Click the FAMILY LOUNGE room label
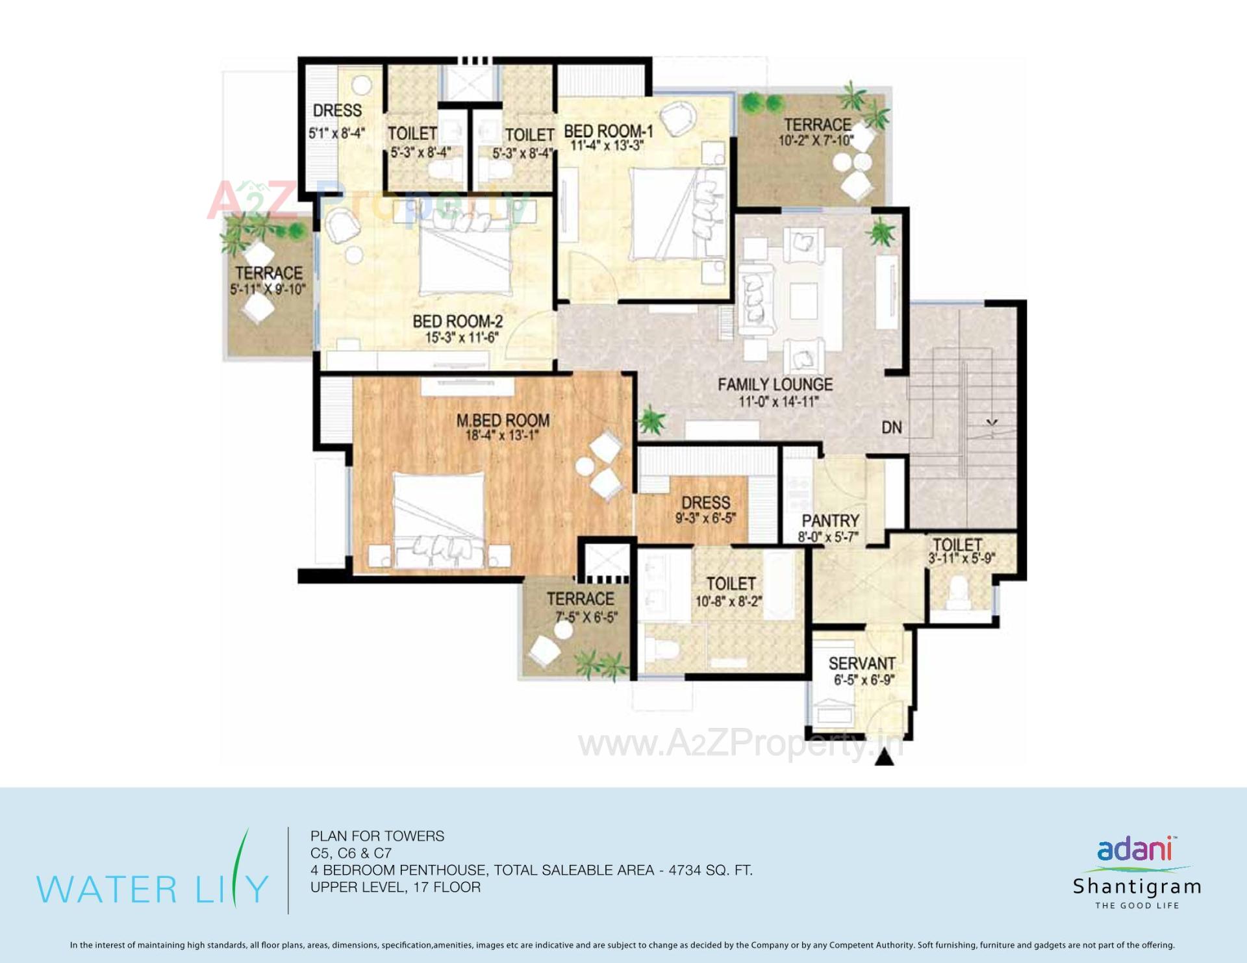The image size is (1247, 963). [x=775, y=384]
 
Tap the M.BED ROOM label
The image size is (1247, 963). [x=503, y=421]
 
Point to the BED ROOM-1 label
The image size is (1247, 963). [x=608, y=131]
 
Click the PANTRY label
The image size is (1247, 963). [x=830, y=521]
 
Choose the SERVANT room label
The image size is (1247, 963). [x=862, y=664]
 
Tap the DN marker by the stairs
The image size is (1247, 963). [x=892, y=427]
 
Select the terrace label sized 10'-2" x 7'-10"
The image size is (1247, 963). [x=817, y=125]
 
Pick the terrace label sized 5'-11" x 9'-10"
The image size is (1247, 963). [x=269, y=273]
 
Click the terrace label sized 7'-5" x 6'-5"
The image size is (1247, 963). [x=580, y=599]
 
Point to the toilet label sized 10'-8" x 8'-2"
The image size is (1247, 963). [x=731, y=584]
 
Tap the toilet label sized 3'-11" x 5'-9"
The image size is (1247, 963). [x=957, y=545]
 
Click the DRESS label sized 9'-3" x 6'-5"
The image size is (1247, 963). [x=705, y=503]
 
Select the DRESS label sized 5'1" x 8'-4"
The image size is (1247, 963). [x=337, y=110]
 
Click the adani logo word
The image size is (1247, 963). [x=1134, y=849]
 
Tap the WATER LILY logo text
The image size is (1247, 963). [x=153, y=888]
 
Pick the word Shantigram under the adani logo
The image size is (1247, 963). [x=1137, y=886]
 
